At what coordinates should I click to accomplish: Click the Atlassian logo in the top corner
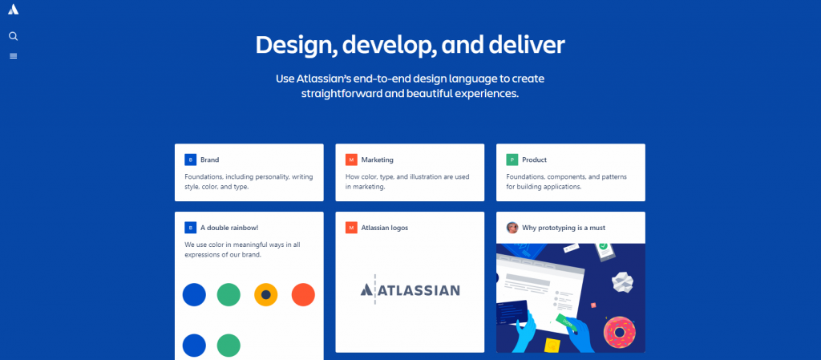click(13, 10)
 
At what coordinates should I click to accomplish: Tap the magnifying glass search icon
click(13, 36)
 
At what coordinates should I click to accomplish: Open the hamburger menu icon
click(13, 56)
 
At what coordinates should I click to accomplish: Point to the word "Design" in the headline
click(292, 45)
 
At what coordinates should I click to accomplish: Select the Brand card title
click(210, 160)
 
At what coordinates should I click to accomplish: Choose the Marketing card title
click(377, 160)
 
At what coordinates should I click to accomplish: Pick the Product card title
click(534, 160)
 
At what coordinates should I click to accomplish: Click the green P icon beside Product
click(512, 160)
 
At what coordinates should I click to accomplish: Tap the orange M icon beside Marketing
click(351, 160)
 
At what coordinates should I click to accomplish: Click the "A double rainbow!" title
click(230, 228)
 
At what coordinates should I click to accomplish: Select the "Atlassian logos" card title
click(385, 228)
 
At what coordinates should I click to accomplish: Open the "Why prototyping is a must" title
click(564, 228)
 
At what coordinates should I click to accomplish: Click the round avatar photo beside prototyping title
click(512, 228)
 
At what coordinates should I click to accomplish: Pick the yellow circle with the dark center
click(266, 294)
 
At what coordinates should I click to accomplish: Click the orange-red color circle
click(303, 294)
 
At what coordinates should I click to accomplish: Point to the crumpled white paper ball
click(625, 280)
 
